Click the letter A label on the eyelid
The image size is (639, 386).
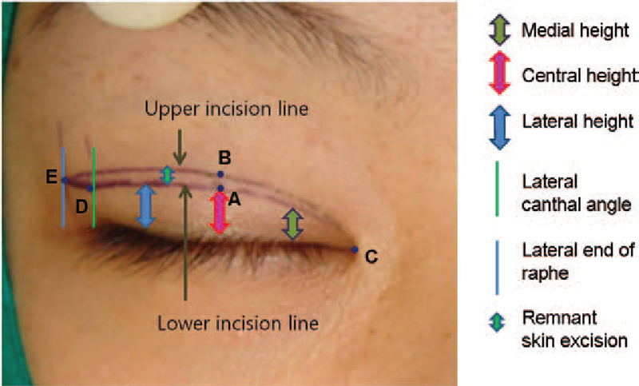[234, 201]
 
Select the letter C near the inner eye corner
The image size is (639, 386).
[370, 257]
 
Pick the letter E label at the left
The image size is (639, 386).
[51, 178]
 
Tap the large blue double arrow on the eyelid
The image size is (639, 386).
[145, 206]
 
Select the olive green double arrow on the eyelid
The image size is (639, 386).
[294, 224]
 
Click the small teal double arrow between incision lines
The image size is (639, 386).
[167, 175]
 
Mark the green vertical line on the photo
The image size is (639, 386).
[94, 187]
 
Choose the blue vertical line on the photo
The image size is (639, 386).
[63, 187]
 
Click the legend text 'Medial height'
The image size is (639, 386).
[569, 31]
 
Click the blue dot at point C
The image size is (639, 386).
[355, 250]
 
